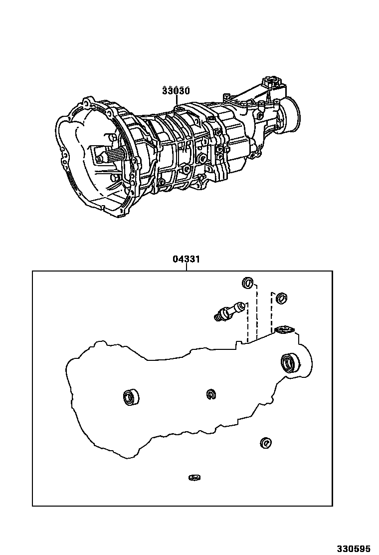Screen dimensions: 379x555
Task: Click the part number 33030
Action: (176, 91)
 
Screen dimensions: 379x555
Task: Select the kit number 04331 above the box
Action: (187, 260)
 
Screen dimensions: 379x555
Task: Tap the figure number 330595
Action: (353, 549)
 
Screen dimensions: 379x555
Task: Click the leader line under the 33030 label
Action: (176, 101)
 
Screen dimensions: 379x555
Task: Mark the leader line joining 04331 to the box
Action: (187, 268)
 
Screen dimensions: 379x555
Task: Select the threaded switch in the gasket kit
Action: (229, 310)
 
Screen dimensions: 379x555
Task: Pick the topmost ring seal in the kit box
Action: (247, 283)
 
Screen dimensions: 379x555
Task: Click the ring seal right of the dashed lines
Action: (281, 298)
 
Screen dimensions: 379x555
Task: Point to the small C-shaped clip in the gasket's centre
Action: (211, 394)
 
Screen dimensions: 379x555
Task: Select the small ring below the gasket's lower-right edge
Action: (265, 443)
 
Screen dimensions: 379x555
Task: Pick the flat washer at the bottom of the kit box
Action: (194, 478)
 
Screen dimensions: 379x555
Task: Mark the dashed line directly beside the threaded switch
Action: (247, 322)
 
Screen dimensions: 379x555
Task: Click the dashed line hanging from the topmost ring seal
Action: (257, 312)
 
